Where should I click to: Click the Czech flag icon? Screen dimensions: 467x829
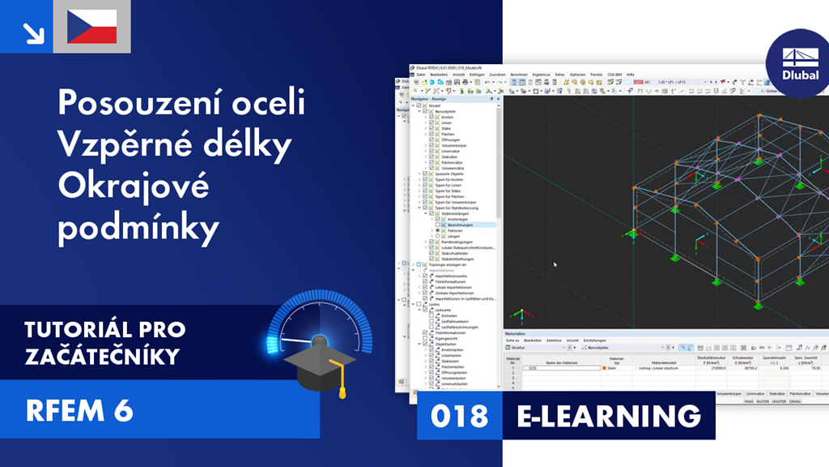click(91, 27)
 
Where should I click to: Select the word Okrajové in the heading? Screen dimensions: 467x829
click(134, 186)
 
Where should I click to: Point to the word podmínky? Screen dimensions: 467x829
click(138, 229)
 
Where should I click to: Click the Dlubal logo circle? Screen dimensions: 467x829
click(799, 64)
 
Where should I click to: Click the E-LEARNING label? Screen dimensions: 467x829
click(609, 416)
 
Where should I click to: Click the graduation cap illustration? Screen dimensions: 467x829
click(316, 366)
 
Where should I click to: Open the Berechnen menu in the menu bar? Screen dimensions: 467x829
click(519, 75)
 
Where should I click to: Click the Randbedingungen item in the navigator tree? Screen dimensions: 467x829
click(457, 242)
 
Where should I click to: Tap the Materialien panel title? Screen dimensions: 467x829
click(516, 333)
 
